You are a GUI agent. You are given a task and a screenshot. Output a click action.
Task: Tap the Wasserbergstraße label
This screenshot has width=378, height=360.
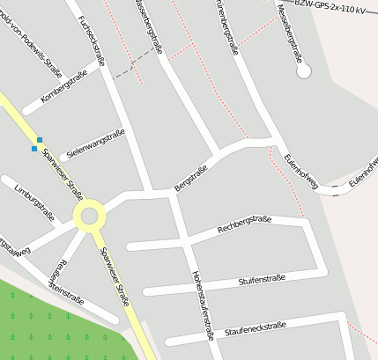pyautogui.click(x=149, y=26)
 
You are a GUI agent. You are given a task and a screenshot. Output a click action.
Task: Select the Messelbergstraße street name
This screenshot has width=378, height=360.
pyautogui.click(x=291, y=32)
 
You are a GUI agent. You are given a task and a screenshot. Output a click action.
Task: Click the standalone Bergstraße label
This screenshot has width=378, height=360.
pyautogui.click(x=190, y=178)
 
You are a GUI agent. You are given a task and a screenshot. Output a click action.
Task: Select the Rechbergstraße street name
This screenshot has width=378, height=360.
pyautogui.click(x=244, y=225)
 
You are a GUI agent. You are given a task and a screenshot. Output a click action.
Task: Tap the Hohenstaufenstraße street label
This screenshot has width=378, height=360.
pyautogui.click(x=202, y=304)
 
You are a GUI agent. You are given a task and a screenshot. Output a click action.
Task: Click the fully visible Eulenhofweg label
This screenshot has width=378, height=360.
pyautogui.click(x=301, y=168)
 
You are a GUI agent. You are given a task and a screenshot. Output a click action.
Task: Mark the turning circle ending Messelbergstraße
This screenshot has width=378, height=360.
pyautogui.click(x=308, y=69)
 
